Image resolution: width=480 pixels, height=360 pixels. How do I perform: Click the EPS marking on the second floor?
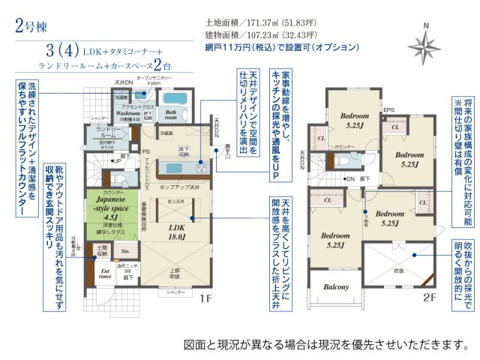point(388,111)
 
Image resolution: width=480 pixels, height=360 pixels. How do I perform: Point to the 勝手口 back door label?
point(223,148)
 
